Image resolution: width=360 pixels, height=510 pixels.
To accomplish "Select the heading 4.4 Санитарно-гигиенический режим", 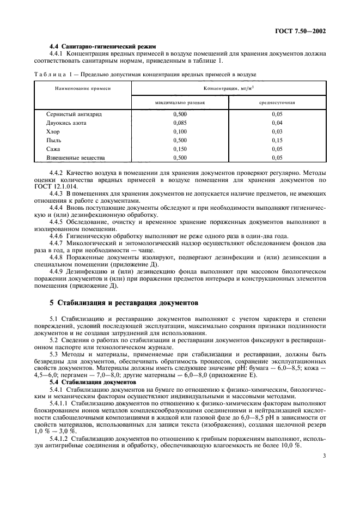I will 89,46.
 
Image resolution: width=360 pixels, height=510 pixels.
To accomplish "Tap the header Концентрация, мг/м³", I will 228,88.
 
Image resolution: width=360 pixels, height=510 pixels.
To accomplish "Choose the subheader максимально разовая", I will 179,102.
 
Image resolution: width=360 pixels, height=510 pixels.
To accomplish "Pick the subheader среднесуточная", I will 277,102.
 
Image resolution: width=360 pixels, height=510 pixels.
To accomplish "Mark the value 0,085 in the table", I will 179,123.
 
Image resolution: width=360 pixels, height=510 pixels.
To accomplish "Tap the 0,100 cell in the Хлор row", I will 179,132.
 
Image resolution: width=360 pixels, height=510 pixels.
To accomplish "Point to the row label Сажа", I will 53,149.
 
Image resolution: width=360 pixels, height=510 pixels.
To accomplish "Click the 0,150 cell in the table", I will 179,149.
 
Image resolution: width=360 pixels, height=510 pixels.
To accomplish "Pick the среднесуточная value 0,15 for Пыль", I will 277,141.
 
